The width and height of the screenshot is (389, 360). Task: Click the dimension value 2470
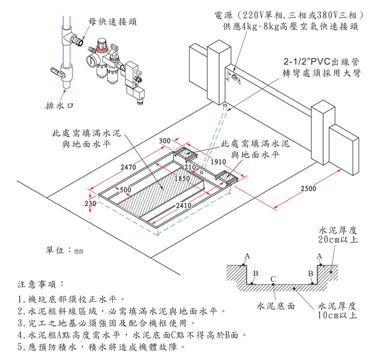(128, 167)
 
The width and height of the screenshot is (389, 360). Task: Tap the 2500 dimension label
(308, 189)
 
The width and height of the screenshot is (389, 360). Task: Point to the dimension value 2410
(183, 206)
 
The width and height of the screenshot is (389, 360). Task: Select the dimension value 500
(125, 190)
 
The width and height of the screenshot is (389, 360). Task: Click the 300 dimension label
(164, 141)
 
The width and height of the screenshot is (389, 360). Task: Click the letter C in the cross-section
(273, 279)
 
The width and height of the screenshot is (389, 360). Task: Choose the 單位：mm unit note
(64, 250)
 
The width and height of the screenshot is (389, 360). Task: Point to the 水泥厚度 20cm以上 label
(338, 234)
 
